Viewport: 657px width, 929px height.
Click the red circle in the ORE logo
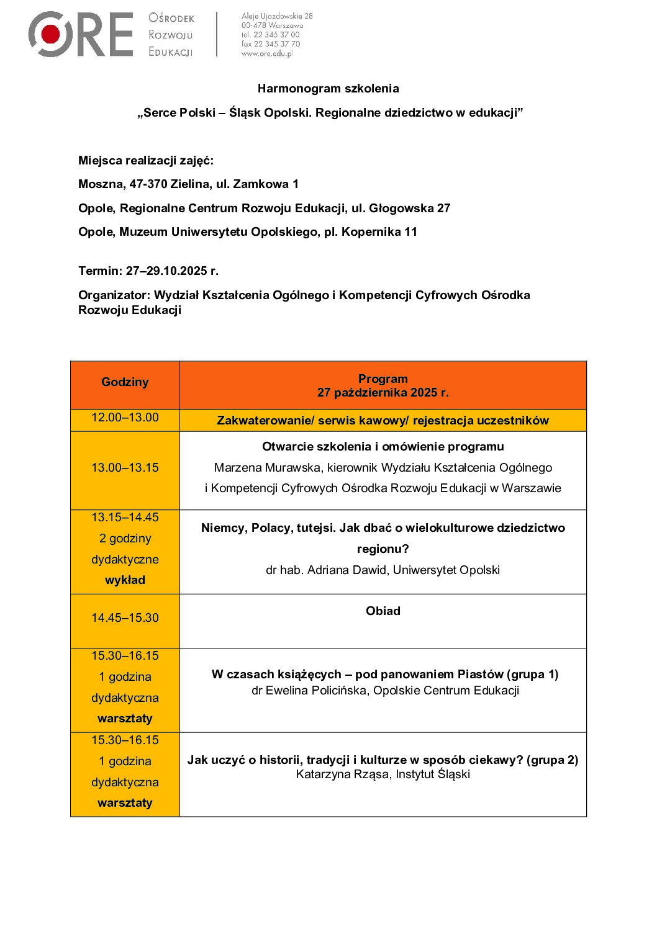[51, 34]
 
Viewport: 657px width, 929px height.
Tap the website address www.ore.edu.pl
[266, 53]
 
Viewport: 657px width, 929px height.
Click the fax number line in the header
[270, 44]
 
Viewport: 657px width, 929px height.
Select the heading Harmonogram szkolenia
[328, 89]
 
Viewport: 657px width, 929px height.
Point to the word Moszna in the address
[101, 184]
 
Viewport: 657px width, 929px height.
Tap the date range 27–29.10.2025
[166, 271]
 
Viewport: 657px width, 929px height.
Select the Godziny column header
[125, 382]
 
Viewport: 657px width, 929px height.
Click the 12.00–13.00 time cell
[125, 418]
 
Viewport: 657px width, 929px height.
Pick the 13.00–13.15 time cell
[125, 468]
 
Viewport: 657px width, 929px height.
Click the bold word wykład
[125, 580]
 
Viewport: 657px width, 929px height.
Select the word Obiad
[383, 611]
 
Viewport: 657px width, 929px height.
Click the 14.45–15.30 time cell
[125, 618]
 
